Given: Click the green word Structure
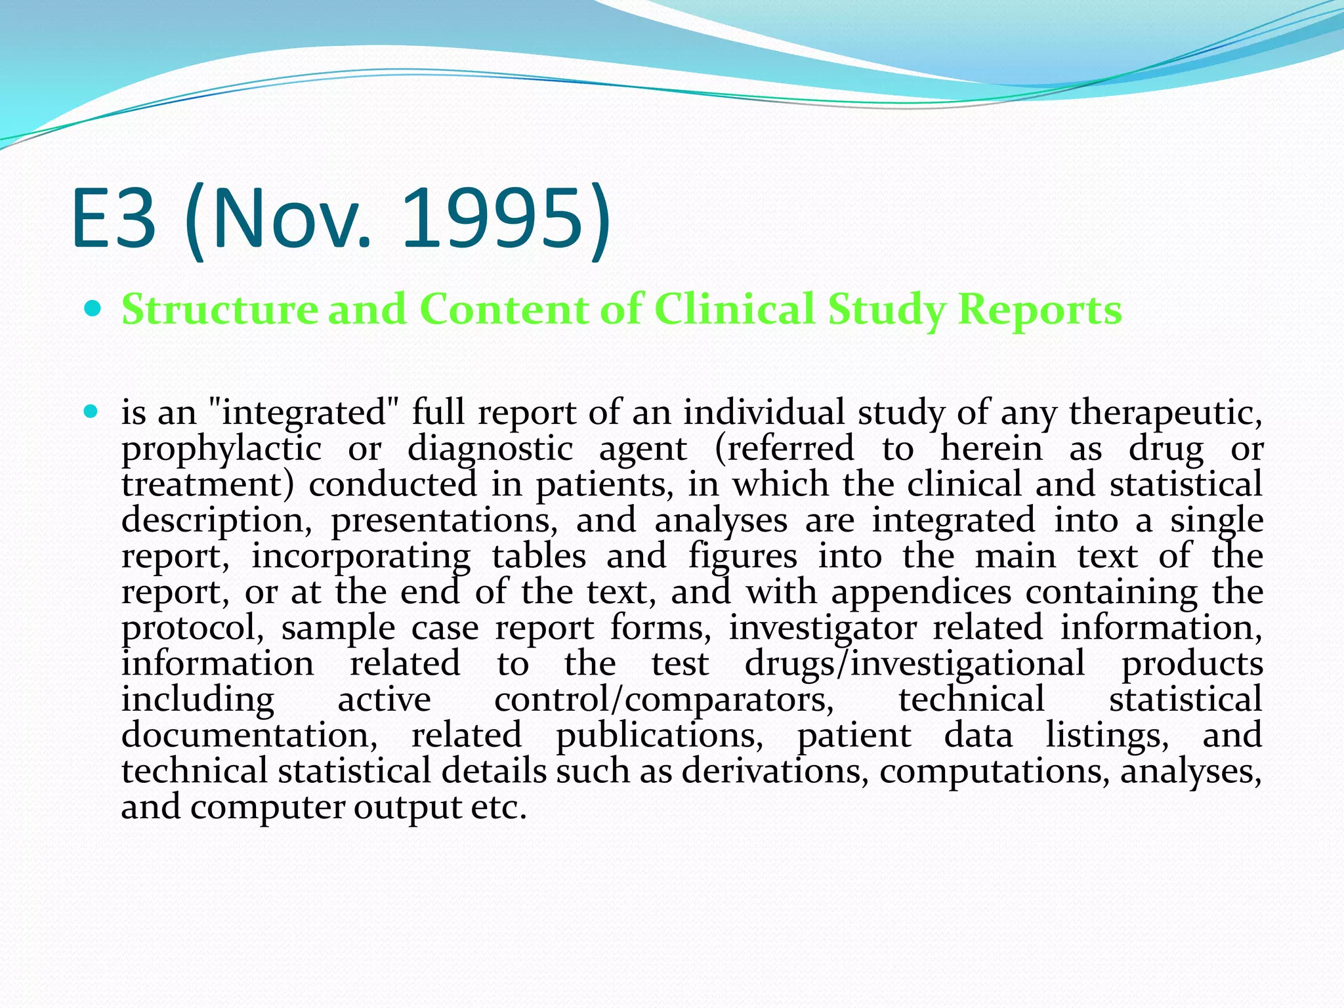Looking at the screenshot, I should point(219,309).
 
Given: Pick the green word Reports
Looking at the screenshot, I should point(1039,309).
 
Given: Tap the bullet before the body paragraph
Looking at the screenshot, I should point(93,413).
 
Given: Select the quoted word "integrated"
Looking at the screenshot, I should point(303,413).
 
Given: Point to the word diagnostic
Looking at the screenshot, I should point(490,450).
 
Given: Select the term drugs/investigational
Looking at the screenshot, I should point(915,664).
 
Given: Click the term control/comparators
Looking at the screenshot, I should point(664,700).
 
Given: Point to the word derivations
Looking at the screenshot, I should point(775,771).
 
